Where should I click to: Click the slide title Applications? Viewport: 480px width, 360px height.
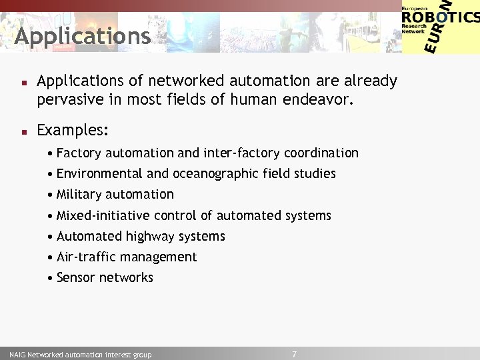[83, 36]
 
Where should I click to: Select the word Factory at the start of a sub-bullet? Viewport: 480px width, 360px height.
[79, 153]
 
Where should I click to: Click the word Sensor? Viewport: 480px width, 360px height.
[77, 278]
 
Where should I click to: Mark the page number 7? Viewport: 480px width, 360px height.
[294, 354]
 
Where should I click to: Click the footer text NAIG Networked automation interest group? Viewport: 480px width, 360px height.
[80, 355]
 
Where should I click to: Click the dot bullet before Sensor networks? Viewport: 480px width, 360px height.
[51, 278]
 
